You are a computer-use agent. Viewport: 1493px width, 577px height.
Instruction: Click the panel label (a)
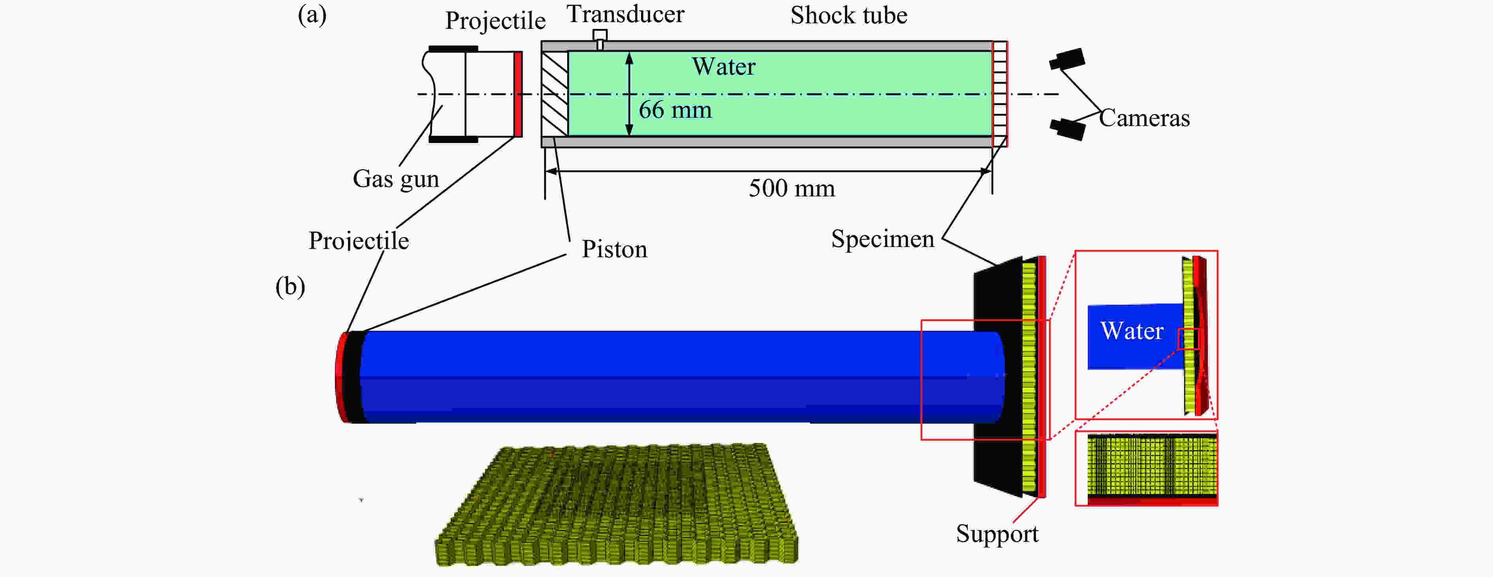click(x=312, y=15)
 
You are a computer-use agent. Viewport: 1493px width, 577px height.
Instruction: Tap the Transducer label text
click(x=625, y=15)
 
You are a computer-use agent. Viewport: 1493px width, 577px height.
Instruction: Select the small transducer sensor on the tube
click(x=600, y=39)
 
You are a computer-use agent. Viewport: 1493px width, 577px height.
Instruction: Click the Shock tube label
click(x=848, y=16)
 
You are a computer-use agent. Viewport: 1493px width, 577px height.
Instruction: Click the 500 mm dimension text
click(x=792, y=189)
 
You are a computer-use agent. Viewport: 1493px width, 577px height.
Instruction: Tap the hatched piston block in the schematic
click(x=555, y=94)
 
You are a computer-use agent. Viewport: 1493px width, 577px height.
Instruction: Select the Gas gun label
click(x=396, y=179)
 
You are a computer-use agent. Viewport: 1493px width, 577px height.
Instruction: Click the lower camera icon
click(x=1068, y=128)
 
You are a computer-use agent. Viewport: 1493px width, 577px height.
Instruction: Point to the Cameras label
click(x=1144, y=118)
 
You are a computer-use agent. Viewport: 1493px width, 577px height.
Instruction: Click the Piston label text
click(x=614, y=249)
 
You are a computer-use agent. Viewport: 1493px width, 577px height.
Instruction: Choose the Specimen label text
click(x=882, y=239)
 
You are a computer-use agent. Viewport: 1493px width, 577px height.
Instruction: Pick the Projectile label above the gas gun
click(x=495, y=21)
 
